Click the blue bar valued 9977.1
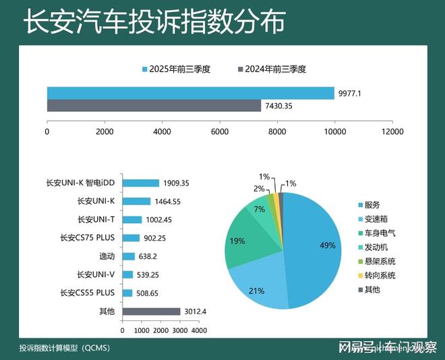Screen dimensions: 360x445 pos(190,93)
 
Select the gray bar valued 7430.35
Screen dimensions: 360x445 pos(154,106)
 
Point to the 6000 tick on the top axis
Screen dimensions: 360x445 pos(220,132)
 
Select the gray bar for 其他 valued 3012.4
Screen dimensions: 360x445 pos(151,311)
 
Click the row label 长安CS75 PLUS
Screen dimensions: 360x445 pos(88,238)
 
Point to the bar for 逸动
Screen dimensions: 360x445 pos(129,256)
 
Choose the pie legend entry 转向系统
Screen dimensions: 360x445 pos(379,275)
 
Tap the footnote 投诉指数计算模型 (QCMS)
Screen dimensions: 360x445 pos(65,348)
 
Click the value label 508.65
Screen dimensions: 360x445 pos(151,293)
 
